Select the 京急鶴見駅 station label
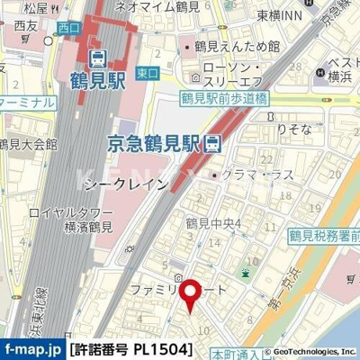[154, 142]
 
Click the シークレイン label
[124, 184]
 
